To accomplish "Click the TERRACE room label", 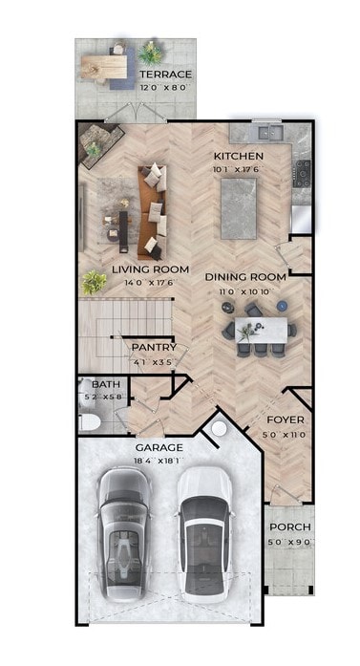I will point(166,75).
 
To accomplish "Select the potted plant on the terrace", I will point(149,52).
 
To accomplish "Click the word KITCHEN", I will point(237,157).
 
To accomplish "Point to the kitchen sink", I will point(263,130).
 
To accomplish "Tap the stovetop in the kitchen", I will point(304,172).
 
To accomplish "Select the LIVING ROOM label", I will point(150,269).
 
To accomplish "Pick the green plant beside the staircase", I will point(94,282).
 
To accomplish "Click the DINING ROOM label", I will point(245,277).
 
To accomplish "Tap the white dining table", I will point(262,330).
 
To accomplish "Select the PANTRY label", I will point(153,348).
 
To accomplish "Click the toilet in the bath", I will point(88,421).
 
